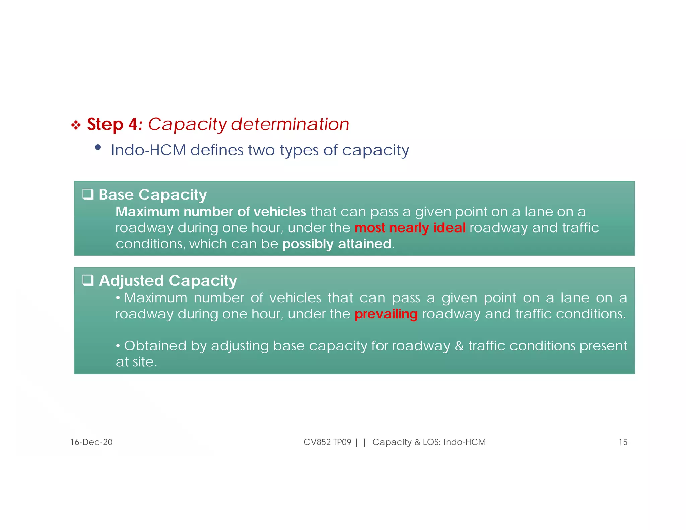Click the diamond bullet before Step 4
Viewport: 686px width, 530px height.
coord(76,125)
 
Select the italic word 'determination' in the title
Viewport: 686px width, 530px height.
coord(290,124)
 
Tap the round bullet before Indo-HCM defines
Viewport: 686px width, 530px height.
coord(98,147)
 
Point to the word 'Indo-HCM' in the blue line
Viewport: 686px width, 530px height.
coord(148,150)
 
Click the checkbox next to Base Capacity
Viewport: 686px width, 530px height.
coord(88,194)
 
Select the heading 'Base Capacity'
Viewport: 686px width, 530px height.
coord(153,195)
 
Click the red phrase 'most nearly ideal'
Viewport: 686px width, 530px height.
coord(410,228)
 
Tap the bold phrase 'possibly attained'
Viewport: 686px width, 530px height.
coord(337,244)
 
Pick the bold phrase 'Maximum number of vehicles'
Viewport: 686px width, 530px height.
coord(211,212)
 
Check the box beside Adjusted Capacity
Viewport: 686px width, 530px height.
coord(88,280)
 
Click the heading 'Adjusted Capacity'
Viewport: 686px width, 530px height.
coord(168,281)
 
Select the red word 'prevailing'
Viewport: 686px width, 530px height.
coord(386,314)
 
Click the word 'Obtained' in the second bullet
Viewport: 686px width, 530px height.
coord(155,346)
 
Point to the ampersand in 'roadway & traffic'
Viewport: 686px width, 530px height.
coord(459,346)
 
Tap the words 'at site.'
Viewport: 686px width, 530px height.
coord(136,362)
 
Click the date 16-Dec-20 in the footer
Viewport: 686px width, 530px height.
coord(91,442)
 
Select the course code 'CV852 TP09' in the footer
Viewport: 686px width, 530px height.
coord(327,442)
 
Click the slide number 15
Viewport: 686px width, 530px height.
coord(622,442)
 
